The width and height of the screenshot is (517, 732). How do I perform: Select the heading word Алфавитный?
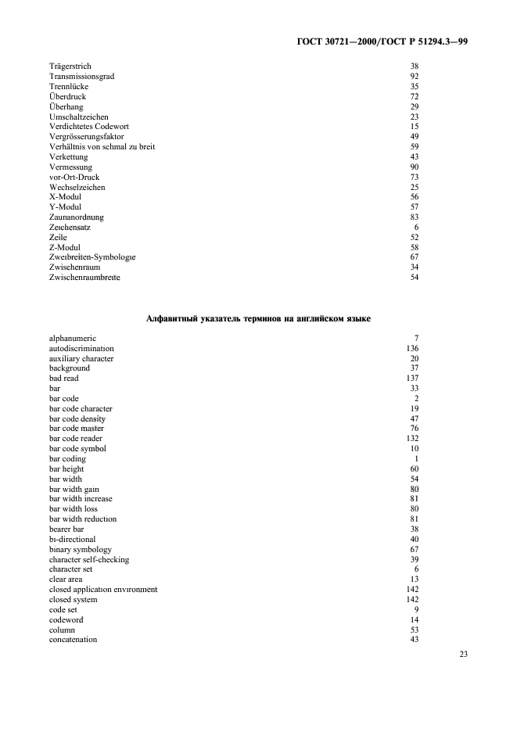pyautogui.click(x=171, y=319)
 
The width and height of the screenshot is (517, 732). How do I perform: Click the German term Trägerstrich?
pyautogui.click(x=70, y=66)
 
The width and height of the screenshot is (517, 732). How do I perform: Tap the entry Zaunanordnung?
pyautogui.click(x=76, y=217)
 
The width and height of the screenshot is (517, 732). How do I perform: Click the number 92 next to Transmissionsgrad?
pyautogui.click(x=415, y=77)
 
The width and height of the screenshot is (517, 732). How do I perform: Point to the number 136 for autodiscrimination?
pyautogui.click(x=412, y=349)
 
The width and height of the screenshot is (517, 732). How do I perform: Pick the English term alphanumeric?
pyautogui.click(x=72, y=339)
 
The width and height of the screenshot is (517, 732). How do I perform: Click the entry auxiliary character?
pyautogui.click(x=81, y=359)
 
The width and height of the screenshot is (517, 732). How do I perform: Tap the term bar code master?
pyautogui.click(x=77, y=429)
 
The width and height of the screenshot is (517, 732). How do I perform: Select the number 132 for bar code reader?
pyautogui.click(x=412, y=439)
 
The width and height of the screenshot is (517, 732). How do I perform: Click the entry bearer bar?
pyautogui.click(x=66, y=529)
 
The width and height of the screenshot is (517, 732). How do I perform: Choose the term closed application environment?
pyautogui.click(x=103, y=590)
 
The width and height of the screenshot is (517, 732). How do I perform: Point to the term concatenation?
pyautogui.click(x=74, y=640)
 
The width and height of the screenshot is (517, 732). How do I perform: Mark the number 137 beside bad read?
pyautogui.click(x=412, y=379)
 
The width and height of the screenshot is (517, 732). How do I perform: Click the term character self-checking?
pyautogui.click(x=89, y=560)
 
